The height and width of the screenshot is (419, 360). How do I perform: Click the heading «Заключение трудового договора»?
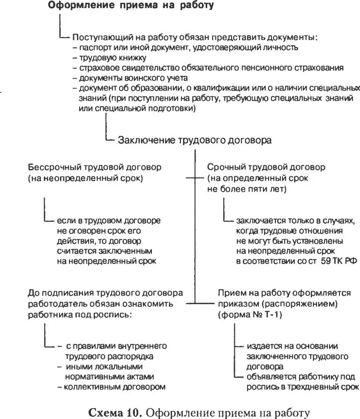195,140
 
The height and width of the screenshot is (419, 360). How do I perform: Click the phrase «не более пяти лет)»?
247,189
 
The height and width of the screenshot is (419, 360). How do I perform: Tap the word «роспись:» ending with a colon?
117,315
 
